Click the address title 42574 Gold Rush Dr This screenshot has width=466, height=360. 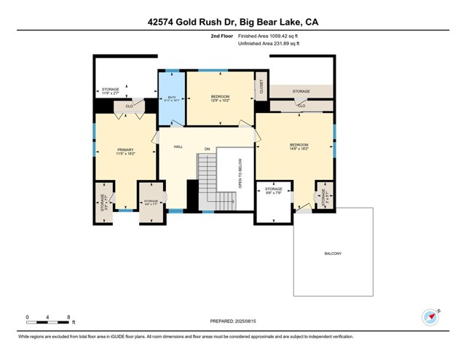[232, 23]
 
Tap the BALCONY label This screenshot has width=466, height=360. [333, 253]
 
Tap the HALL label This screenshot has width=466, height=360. [178, 146]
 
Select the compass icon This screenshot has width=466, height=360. [431, 317]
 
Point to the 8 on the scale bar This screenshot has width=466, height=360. [68, 317]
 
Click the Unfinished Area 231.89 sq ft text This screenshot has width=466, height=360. [269, 44]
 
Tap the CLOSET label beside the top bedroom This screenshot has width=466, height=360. [261, 87]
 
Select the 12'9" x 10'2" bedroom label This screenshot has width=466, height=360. [220, 99]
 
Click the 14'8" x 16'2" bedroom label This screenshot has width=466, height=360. [299, 146]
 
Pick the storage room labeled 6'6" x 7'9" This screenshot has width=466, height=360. [273, 191]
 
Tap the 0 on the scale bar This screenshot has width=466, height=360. [27, 317]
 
